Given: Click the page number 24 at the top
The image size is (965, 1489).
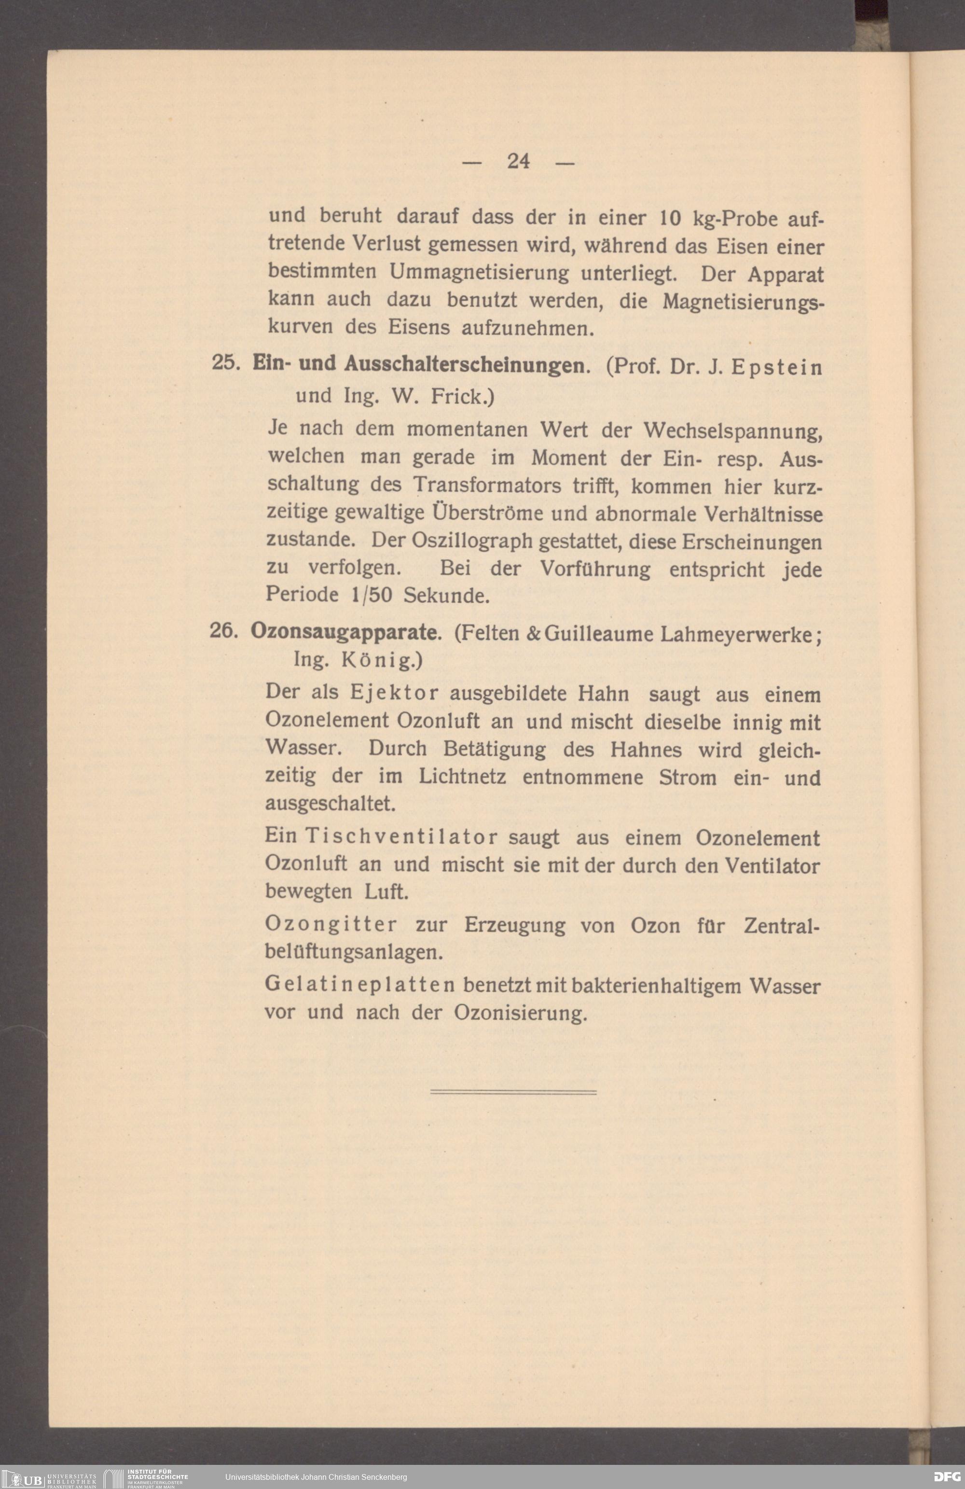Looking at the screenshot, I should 519,161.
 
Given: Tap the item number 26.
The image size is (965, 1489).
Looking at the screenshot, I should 222,632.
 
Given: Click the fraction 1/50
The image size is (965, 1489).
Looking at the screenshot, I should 372,594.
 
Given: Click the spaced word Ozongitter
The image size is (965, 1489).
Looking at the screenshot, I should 331,924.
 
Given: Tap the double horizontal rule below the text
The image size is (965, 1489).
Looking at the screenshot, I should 513,1092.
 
